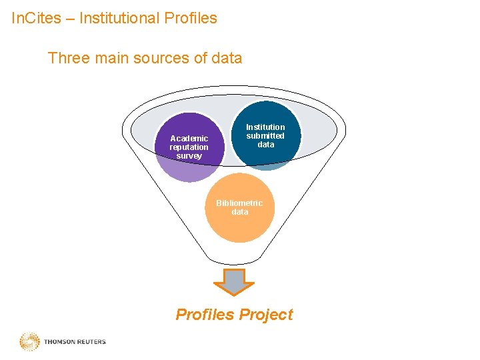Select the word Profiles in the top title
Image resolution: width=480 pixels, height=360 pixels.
(x=191, y=18)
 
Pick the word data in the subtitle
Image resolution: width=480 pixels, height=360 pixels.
(x=226, y=58)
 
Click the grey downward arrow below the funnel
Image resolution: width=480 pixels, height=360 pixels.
(x=233, y=282)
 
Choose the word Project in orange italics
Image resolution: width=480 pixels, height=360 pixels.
(x=266, y=315)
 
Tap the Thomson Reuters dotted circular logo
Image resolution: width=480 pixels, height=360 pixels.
(x=29, y=342)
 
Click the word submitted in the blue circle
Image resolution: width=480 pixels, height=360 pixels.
(x=265, y=135)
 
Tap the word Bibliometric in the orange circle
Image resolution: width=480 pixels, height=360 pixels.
(x=239, y=203)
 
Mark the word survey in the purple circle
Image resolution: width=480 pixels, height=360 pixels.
(x=189, y=156)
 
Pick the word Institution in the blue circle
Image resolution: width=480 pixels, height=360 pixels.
(x=265, y=127)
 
